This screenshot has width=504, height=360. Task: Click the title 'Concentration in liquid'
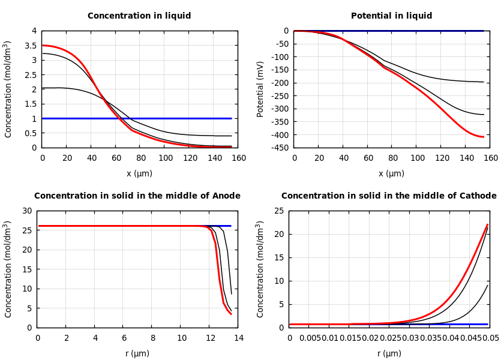coord(139,16)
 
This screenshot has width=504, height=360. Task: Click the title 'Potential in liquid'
coord(391,16)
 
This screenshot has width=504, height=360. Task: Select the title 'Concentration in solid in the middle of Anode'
coord(137,196)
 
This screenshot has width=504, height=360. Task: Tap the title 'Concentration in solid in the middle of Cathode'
coord(389,196)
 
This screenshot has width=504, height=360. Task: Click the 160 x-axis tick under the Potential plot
coord(490,158)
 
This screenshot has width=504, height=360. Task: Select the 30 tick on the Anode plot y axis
coord(27,211)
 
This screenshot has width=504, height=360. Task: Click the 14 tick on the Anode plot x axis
coord(238,338)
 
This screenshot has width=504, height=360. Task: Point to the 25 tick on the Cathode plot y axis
coord(279,211)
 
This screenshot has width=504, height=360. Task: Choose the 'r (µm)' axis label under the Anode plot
coord(137,354)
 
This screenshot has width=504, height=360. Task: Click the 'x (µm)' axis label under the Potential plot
coord(391,174)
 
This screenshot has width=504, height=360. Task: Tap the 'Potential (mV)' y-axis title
coord(260,89)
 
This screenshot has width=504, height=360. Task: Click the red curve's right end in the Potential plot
coord(483,137)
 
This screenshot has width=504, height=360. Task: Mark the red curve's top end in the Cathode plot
coord(487,224)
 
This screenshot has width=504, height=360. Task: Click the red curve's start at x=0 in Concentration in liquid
coord(43,46)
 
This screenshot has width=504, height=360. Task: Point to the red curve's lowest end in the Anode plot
coord(231,314)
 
